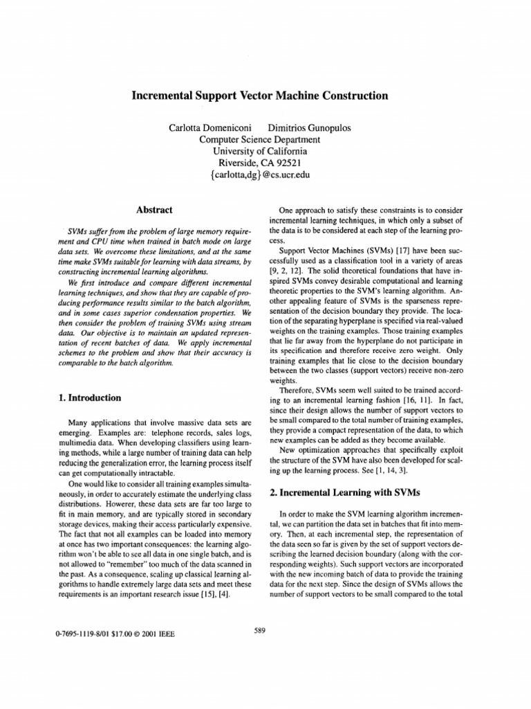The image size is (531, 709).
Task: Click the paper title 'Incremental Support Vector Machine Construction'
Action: pos(259,95)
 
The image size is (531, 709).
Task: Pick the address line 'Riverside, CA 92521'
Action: pos(259,163)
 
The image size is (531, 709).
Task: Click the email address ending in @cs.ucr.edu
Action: pos(259,175)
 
